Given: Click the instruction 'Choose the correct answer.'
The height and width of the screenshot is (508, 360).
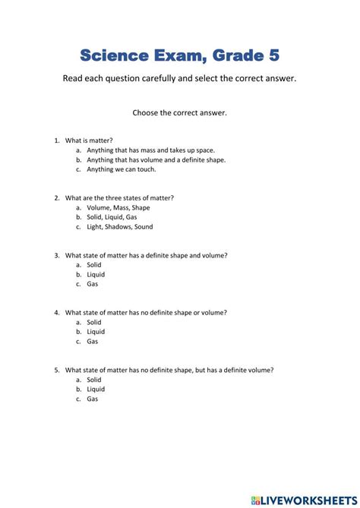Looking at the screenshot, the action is [x=180, y=112].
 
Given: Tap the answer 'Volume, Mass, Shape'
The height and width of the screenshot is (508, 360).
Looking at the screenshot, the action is [x=118, y=207].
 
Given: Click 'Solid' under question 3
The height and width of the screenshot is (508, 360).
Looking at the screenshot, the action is [x=93, y=265].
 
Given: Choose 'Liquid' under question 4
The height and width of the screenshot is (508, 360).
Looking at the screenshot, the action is [x=96, y=332].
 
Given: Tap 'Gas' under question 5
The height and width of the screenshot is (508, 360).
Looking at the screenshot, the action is [x=92, y=399].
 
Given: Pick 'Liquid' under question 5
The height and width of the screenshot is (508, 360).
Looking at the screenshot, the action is [x=96, y=389].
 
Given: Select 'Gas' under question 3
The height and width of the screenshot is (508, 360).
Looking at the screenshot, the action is [x=92, y=284].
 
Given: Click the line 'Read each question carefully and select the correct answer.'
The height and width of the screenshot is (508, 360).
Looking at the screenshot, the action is [x=180, y=79].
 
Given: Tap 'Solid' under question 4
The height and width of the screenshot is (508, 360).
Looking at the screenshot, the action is [x=93, y=322].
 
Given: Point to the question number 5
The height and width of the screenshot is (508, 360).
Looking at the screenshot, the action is [x=56, y=370].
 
